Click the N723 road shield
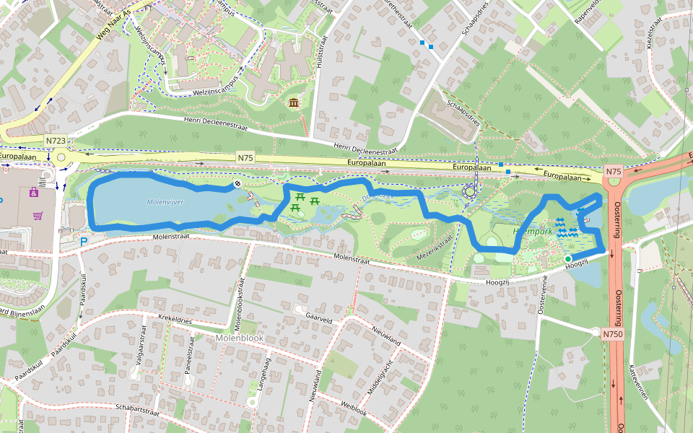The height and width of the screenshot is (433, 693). click(55, 140)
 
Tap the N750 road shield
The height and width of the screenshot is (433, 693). click(612, 334)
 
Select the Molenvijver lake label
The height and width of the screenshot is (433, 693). click(165, 202)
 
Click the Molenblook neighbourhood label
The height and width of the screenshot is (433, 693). click(240, 338)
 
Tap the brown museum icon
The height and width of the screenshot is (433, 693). click(294, 104)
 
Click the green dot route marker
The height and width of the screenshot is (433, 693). click(568, 259)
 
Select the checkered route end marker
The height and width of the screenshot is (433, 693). click(237, 185)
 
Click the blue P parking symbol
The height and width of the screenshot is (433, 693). click(84, 242)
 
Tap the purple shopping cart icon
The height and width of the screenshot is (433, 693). click(38, 215)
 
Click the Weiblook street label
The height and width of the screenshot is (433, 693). click(354, 409)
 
